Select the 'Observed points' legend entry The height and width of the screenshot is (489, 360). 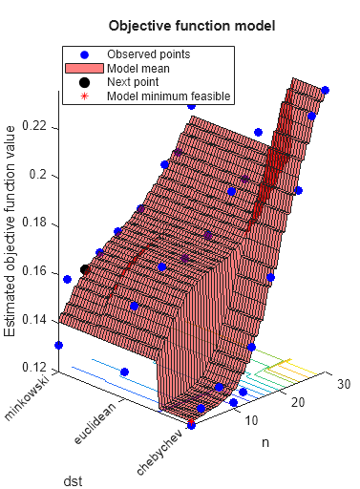[147, 54]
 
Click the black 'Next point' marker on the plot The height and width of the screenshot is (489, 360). [85, 270]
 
